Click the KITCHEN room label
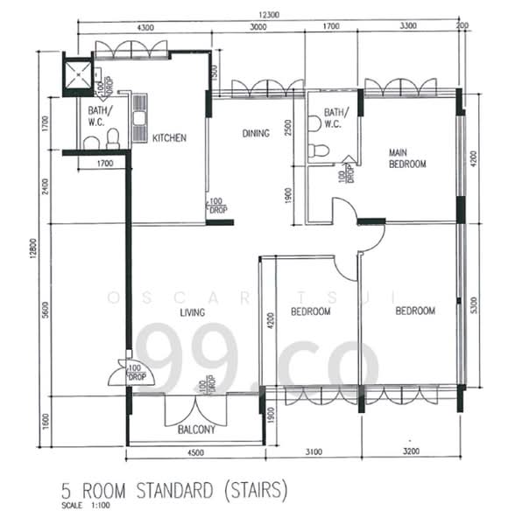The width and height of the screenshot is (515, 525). [169, 138]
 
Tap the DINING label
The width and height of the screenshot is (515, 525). [255, 134]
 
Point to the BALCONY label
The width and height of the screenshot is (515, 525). [195, 430]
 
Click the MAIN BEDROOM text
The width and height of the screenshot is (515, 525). [407, 158]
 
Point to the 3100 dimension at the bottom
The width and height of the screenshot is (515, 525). [313, 452]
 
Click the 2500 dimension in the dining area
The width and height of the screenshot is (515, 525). [287, 129]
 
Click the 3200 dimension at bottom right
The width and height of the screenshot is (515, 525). [408, 452]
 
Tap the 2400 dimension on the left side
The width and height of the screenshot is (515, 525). [46, 187]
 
